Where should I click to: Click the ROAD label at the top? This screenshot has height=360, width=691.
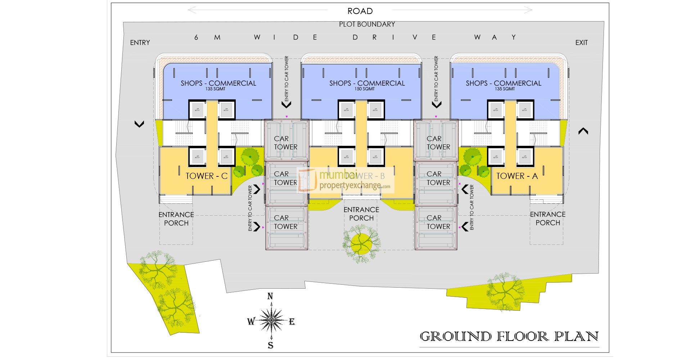360,11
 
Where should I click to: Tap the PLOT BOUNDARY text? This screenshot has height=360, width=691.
367,24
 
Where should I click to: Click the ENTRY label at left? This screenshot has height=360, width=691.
140,42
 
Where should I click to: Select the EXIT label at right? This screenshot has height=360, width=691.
581,42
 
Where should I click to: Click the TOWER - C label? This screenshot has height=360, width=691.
207,176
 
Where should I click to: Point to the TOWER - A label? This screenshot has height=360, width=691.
517,176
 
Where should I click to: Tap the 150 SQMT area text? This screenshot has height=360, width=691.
365,89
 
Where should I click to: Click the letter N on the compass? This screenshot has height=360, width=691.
270,296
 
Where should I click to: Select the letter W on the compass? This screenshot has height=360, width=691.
251,321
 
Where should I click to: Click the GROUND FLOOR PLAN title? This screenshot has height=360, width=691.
509,337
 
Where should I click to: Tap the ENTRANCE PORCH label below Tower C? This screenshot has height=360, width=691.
176,219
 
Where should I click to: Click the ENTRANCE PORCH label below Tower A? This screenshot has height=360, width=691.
547,219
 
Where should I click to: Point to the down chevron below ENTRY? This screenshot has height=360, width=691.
139,124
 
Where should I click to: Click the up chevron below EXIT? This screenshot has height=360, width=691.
583,131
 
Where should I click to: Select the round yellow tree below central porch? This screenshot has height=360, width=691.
361,244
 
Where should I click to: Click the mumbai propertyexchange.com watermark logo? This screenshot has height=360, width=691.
346,180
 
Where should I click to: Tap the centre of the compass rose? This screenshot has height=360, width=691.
271,320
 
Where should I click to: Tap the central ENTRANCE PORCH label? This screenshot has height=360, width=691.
361,214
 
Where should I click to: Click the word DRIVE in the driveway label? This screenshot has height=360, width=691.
394,37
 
